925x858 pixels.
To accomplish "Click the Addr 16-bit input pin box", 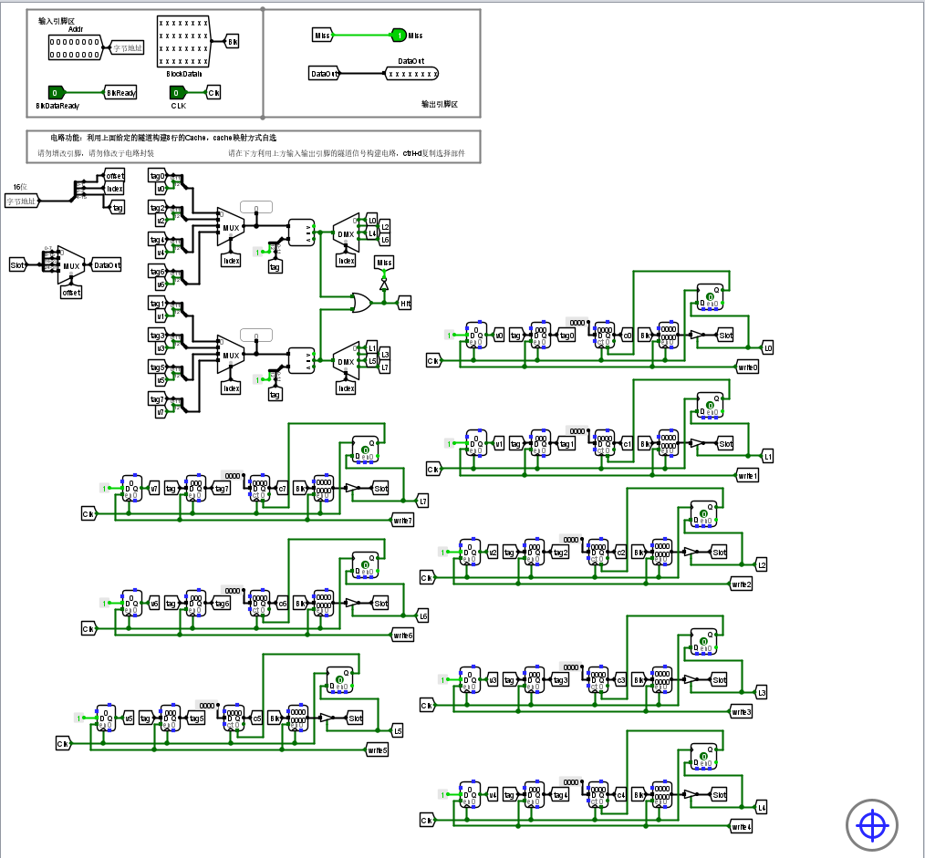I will pos(76,47).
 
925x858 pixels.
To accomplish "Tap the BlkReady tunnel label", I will pos(120,92).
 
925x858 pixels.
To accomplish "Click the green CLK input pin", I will pos(178,92).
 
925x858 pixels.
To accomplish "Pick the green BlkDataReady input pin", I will pos(56,92).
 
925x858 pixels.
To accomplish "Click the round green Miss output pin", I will pos(398,36).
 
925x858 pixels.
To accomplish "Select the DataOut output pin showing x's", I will pos(411,74).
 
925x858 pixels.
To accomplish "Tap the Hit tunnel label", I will pos(405,303).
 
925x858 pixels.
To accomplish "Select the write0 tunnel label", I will pos(747,367).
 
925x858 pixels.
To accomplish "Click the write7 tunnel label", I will pos(402,521).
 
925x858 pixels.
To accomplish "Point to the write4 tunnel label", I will pos(741,827).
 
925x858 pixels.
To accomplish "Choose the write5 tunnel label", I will pos(377,750).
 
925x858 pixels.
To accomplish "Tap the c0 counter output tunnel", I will pos(627,336).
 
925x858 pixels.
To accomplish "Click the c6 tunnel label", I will pos(282,604).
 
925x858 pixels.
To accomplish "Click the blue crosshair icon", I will pos(872,825).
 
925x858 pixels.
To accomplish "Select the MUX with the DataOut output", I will pos(70,265).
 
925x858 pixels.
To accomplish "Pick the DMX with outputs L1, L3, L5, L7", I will pos(346,361).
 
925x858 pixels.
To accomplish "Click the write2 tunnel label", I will pos(741,584).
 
